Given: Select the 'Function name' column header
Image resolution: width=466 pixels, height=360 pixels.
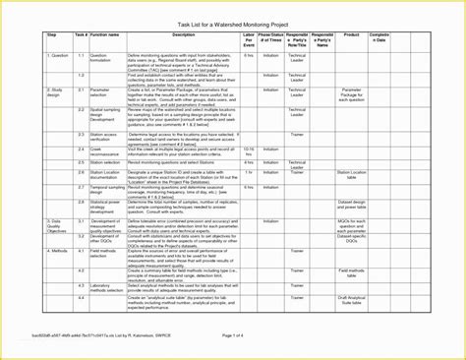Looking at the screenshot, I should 105,34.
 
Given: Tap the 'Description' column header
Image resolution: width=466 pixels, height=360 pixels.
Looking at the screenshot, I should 184,34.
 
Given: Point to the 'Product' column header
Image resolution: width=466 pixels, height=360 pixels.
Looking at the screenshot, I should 351,34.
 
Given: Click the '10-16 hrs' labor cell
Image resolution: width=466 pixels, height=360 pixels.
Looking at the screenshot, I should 249,151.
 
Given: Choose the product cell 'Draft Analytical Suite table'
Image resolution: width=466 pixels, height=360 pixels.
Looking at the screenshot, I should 351,298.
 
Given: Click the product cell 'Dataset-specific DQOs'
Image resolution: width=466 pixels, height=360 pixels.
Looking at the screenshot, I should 351,238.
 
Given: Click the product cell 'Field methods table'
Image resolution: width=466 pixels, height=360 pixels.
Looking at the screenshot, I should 351,270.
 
